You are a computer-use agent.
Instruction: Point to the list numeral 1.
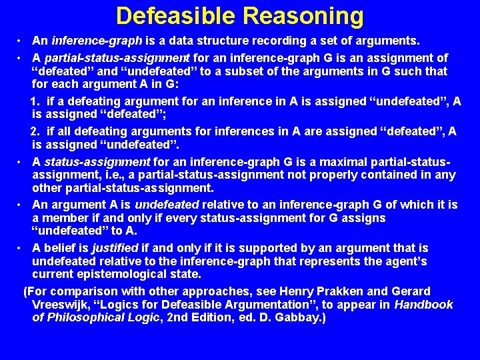35,101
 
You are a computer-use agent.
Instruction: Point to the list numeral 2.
35,131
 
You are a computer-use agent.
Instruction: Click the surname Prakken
321,291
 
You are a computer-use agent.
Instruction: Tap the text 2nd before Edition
181,318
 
